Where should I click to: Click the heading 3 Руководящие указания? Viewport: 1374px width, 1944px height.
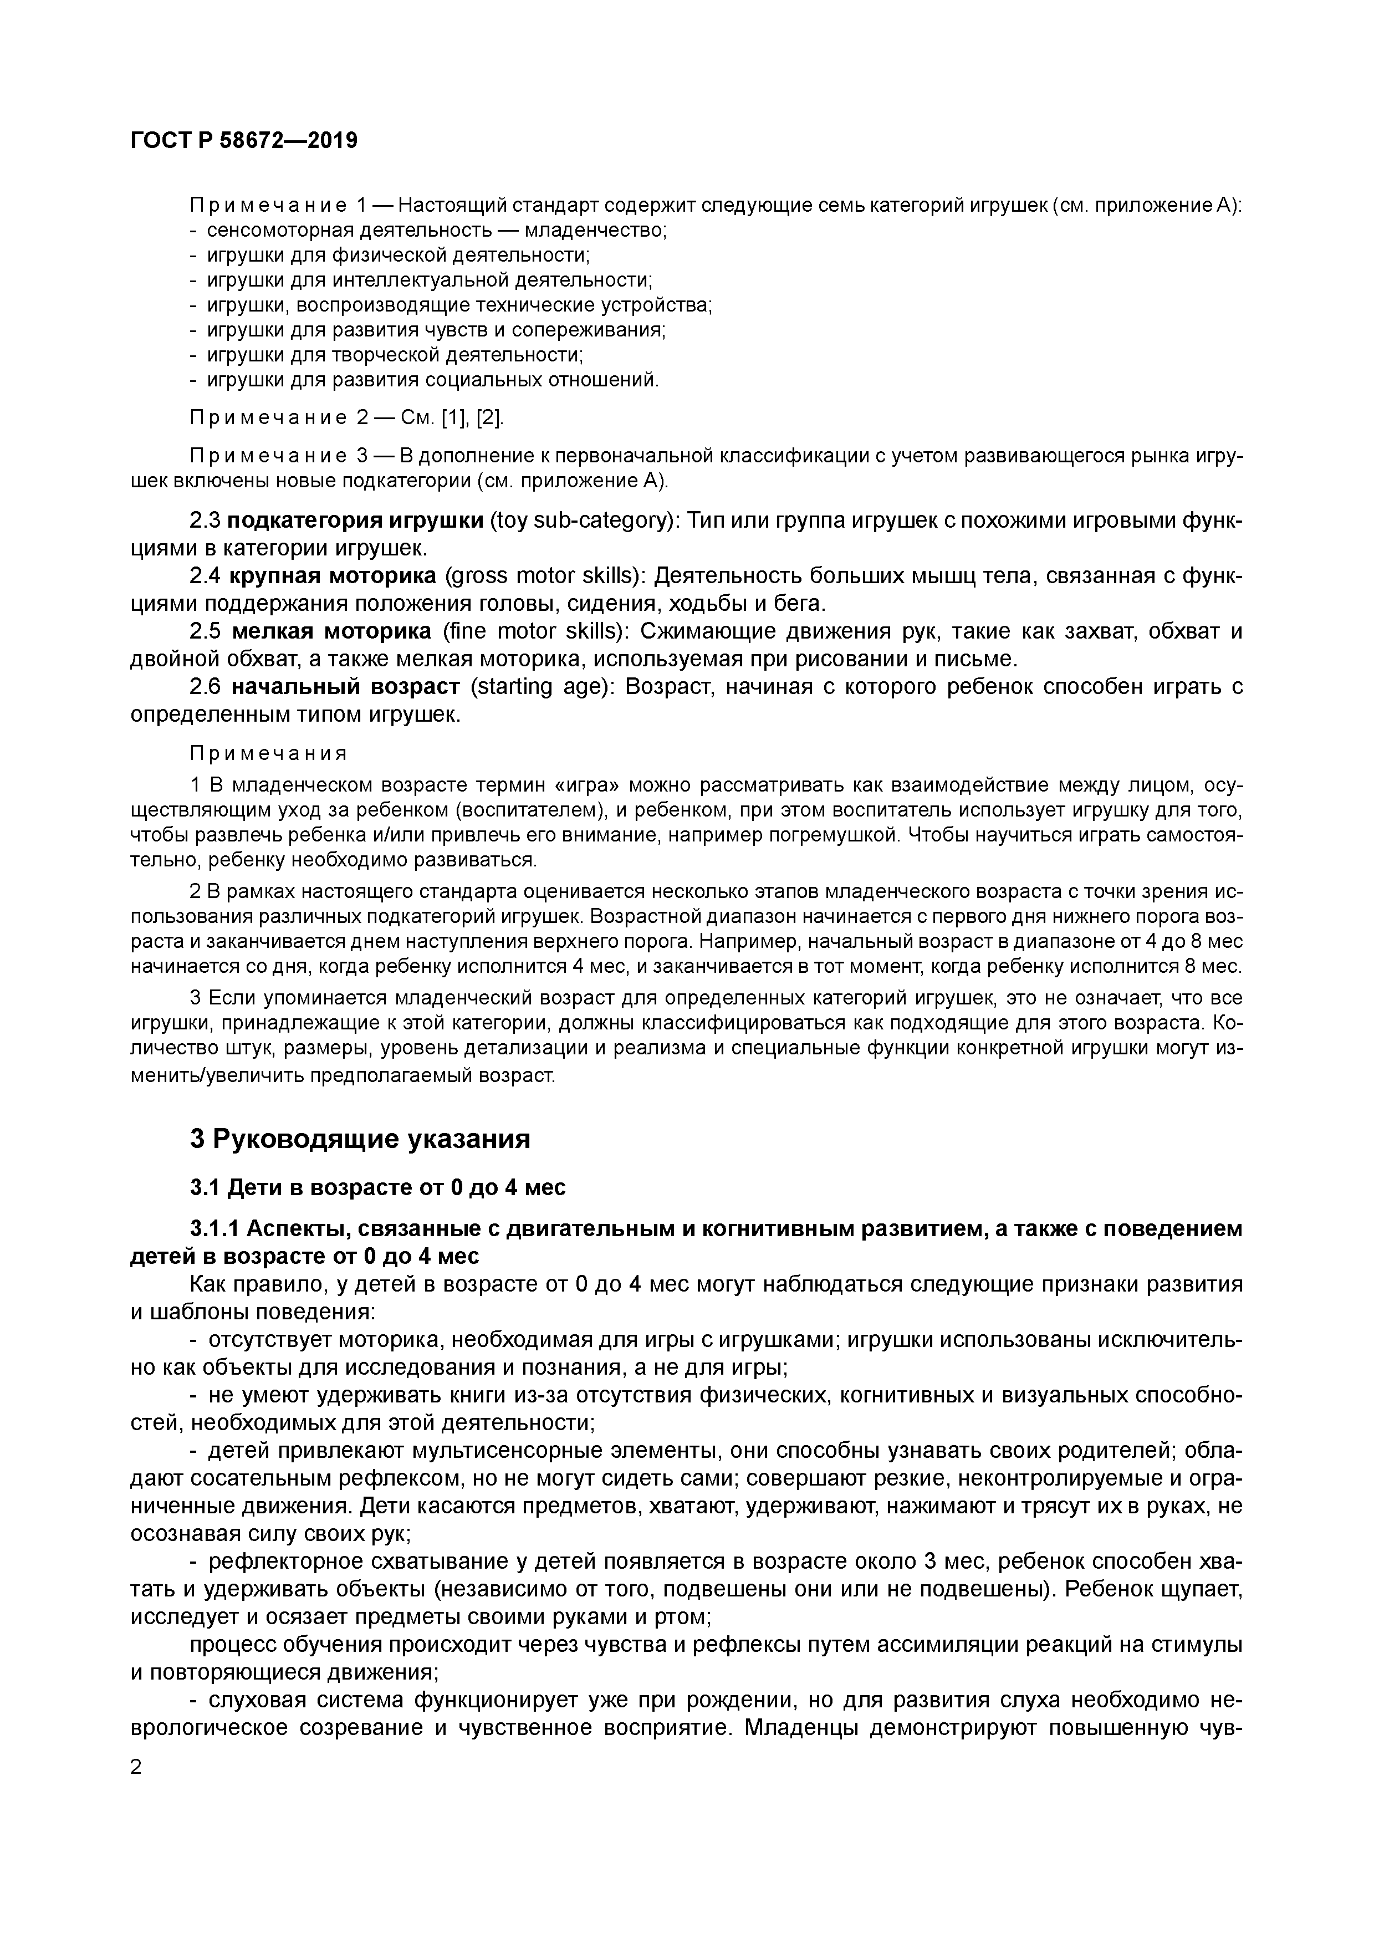(360, 1139)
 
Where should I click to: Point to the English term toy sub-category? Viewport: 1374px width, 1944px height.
(585, 520)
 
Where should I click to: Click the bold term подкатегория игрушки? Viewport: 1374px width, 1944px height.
(356, 520)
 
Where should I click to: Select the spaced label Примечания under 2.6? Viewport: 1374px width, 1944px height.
(268, 753)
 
